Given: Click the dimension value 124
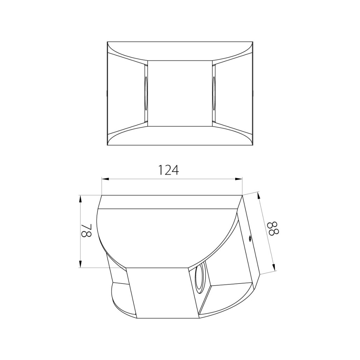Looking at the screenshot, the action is tap(169, 170).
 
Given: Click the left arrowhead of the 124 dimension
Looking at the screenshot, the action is tap(105, 179).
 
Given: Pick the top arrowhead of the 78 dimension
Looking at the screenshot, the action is tap(80, 199).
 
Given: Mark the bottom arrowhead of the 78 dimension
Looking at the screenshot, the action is tap(80, 264).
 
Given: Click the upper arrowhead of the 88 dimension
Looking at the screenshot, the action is tap(259, 195).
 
